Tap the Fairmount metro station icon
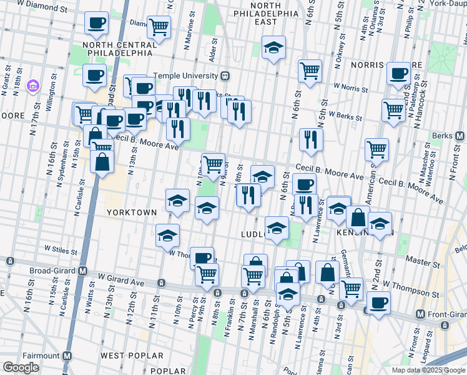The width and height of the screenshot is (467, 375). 67,356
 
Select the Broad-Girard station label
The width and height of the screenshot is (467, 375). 52,271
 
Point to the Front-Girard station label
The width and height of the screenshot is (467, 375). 446,314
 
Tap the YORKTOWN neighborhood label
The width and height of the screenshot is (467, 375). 131,212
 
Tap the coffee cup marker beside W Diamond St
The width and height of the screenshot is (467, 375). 96,23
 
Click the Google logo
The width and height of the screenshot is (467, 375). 21,367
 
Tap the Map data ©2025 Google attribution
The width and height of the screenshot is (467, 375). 429,370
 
